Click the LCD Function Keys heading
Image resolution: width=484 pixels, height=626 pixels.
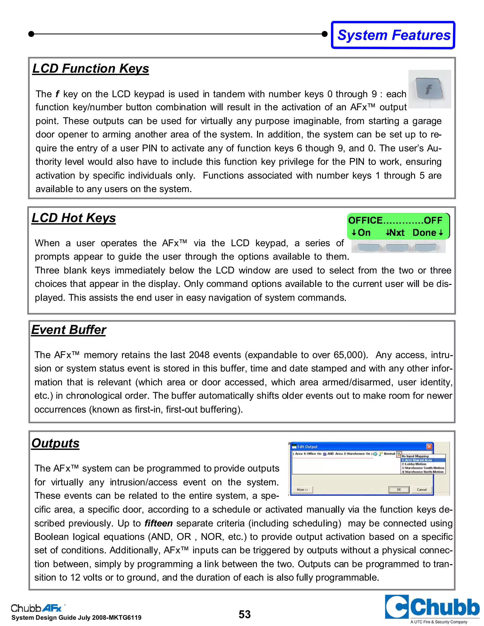[x=91, y=69]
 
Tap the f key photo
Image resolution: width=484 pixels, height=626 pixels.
[x=429, y=89]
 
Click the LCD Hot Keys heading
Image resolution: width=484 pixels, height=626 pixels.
[x=74, y=218]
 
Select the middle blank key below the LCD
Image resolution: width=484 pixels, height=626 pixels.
[x=397, y=247]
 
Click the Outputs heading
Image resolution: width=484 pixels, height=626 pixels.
[x=55, y=443]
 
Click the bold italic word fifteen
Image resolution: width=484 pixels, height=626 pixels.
[x=158, y=523]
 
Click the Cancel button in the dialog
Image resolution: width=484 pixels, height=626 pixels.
[x=422, y=489]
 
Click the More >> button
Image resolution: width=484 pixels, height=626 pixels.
[x=302, y=489]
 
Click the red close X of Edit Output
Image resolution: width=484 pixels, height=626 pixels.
[x=429, y=446]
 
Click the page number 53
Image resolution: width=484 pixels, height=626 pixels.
[x=245, y=614]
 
